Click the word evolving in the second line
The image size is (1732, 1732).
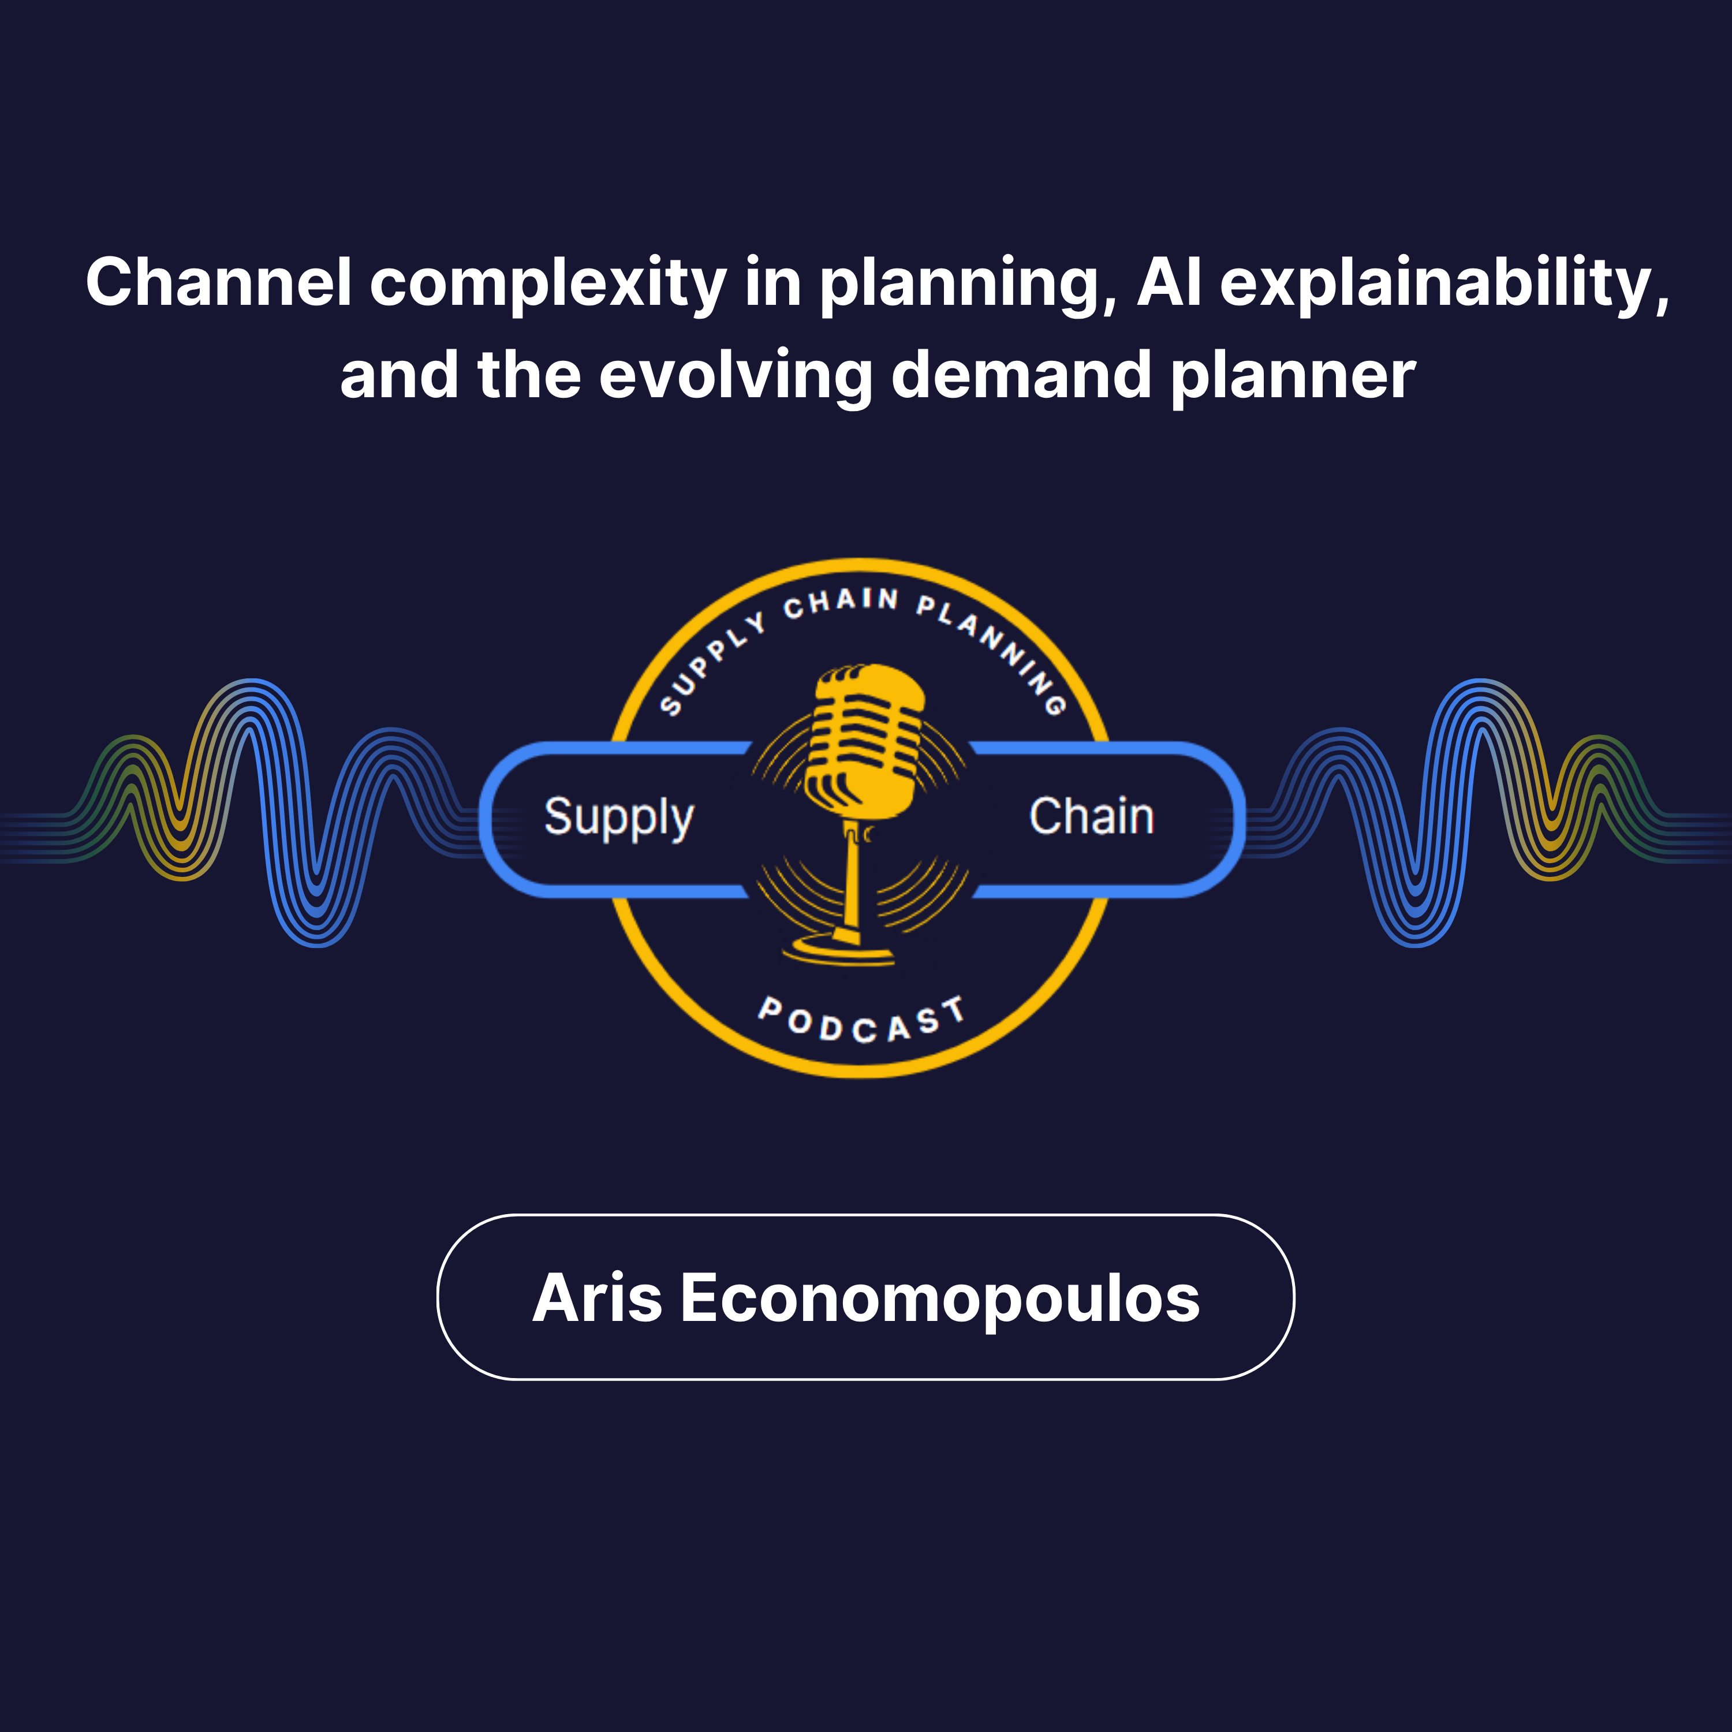pos(735,376)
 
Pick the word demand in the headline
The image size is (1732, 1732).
pos(1021,376)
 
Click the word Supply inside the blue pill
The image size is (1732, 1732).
pos(618,818)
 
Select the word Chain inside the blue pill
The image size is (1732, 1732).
pos(1091,817)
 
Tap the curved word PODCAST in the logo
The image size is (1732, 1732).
pos(861,1022)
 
